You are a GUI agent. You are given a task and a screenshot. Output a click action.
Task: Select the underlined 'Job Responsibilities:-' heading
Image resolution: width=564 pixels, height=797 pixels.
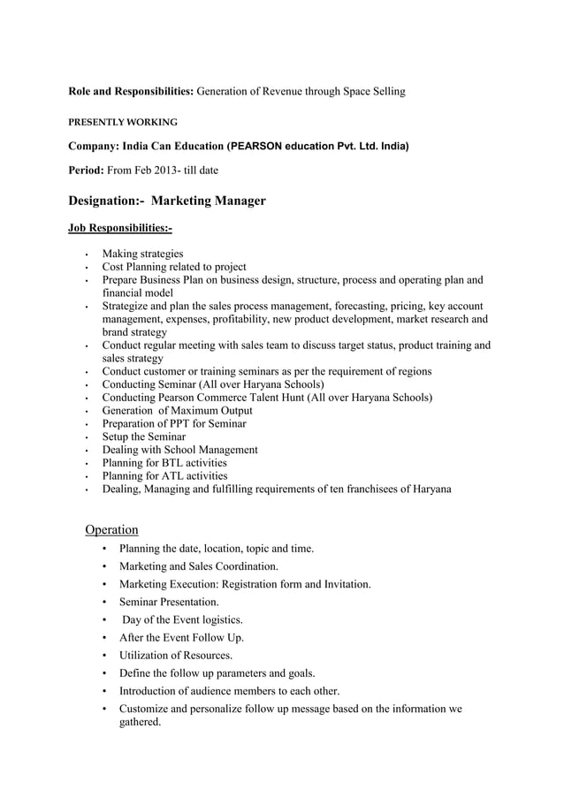[x=120, y=229]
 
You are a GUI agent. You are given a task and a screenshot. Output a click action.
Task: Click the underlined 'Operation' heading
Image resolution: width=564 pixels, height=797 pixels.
[x=111, y=529]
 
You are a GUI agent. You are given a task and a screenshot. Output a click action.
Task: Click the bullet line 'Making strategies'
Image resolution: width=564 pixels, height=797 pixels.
[x=142, y=254]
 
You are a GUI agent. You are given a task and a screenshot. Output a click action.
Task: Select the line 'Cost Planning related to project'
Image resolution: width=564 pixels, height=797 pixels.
[x=174, y=267]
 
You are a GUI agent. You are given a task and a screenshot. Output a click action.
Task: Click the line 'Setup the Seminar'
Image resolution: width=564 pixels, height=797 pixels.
[x=144, y=436]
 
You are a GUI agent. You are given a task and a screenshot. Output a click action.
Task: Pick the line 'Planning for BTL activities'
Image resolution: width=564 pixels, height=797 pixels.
[x=164, y=462]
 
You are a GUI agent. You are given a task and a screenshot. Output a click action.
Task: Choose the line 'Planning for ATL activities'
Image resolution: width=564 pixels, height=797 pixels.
[x=164, y=475]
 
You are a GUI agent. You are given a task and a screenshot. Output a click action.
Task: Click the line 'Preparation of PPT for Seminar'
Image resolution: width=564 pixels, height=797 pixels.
[x=174, y=423]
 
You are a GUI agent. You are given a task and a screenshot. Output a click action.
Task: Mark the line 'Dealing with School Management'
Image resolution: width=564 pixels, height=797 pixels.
[x=179, y=450]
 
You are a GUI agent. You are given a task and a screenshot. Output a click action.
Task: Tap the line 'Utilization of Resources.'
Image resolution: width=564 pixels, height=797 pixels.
[x=176, y=655]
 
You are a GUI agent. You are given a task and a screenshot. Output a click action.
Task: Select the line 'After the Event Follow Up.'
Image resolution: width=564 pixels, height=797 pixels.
[x=181, y=637]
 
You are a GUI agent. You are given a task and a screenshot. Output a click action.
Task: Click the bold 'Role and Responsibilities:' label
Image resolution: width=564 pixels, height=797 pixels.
[x=131, y=91]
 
